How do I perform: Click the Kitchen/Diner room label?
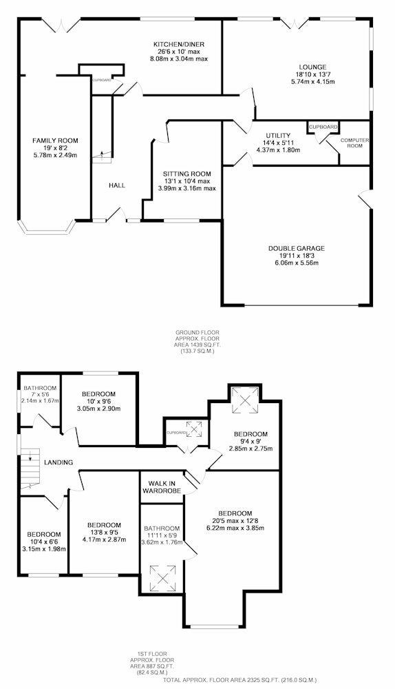pyautogui.click(x=179, y=44)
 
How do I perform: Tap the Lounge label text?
pyautogui.click(x=310, y=68)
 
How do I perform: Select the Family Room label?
pyautogui.click(x=55, y=141)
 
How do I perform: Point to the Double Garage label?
pyautogui.click(x=297, y=248)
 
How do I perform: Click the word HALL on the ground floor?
pyautogui.click(x=117, y=185)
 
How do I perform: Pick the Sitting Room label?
pyautogui.click(x=187, y=174)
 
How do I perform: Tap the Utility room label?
pyautogui.click(x=278, y=135)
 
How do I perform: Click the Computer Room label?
pyautogui.click(x=355, y=143)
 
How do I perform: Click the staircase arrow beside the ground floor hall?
pyautogui.click(x=103, y=154)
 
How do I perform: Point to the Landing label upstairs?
pyautogui.click(x=58, y=462)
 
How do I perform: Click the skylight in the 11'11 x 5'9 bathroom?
pyautogui.click(x=163, y=578)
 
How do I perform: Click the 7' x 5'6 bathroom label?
pyautogui.click(x=40, y=388)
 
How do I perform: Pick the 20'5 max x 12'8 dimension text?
pyautogui.click(x=235, y=521)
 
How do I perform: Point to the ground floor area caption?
pyautogui.click(x=197, y=342)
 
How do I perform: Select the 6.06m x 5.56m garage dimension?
pyautogui.click(x=297, y=263)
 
